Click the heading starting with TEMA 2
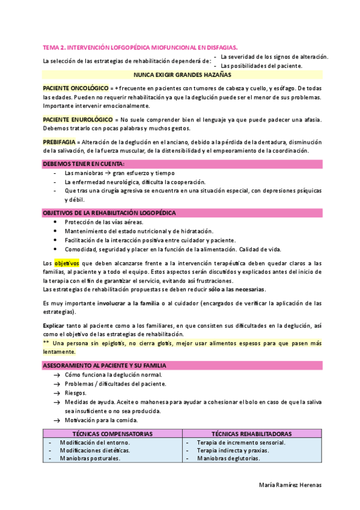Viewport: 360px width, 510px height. point(139,46)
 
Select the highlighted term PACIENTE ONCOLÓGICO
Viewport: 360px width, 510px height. point(75,88)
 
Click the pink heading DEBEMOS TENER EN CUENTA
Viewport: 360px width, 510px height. point(84,164)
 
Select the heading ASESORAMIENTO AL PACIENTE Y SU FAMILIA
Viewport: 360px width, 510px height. point(104,365)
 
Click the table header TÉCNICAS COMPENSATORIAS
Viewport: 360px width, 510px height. point(112,434)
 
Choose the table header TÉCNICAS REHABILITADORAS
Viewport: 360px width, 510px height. point(252,434)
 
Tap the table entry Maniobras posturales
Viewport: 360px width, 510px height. point(90,458)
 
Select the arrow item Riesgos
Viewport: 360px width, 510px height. point(75,393)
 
